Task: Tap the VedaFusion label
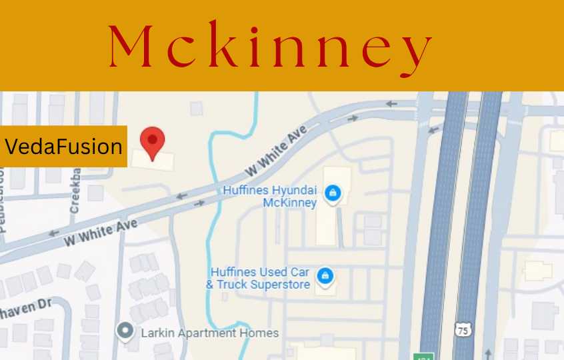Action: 63,146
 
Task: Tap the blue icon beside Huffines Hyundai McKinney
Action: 332,194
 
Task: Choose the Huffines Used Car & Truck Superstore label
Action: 259,278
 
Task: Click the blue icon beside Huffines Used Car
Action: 325,276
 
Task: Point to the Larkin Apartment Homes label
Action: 209,332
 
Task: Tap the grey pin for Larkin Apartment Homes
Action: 124,331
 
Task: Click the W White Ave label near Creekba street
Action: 100,231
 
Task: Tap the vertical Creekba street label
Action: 75,189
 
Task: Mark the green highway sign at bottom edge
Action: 423,357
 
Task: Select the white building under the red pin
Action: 153,159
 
